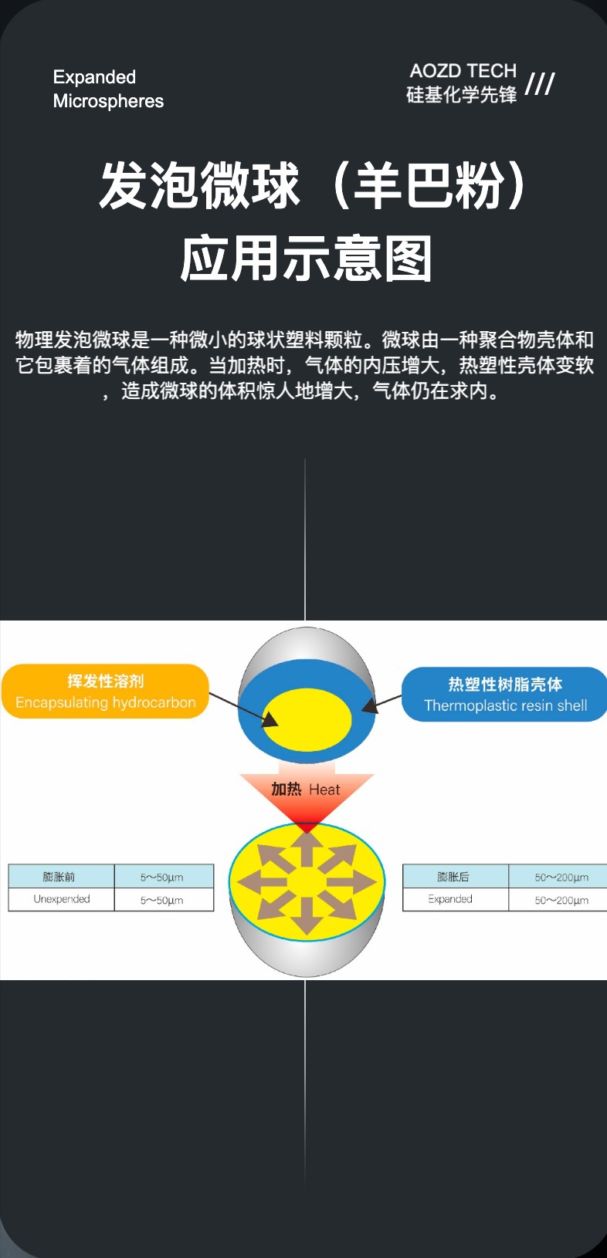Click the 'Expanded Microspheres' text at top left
pyautogui.click(x=108, y=89)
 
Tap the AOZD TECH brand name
pyautogui.click(x=463, y=71)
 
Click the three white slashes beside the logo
pyautogui.click(x=540, y=83)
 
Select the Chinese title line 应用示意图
pyautogui.click(x=306, y=259)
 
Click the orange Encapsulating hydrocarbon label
pyautogui.click(x=106, y=692)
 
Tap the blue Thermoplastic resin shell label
pyautogui.click(x=505, y=695)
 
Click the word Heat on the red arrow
pyautogui.click(x=324, y=790)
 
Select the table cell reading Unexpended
pyautogui.click(x=62, y=899)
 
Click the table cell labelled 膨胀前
pyautogui.click(x=59, y=877)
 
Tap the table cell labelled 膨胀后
pyautogui.click(x=453, y=877)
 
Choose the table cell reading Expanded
pyautogui.click(x=450, y=899)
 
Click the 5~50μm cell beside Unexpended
pyautogui.click(x=162, y=900)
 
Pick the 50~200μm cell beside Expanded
pyautogui.click(x=561, y=900)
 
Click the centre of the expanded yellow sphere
pyautogui.click(x=307, y=881)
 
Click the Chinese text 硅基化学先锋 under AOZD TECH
pyautogui.click(x=461, y=95)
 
